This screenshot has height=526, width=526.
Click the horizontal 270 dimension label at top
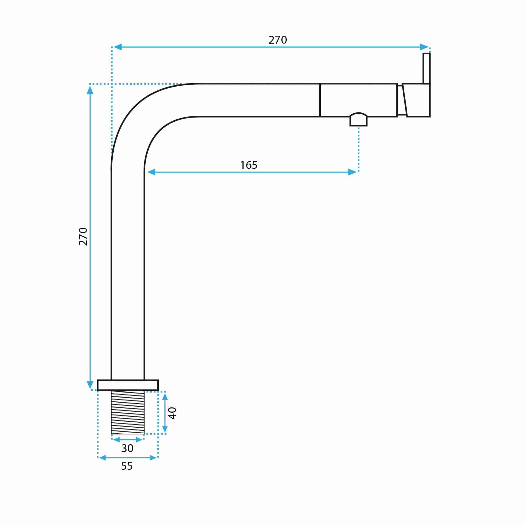tap(277, 40)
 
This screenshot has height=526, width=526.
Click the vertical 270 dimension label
tap(83, 236)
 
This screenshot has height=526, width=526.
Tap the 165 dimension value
tap(249, 165)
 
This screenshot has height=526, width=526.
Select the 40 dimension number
tap(172, 413)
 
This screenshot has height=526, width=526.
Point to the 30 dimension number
tap(127, 448)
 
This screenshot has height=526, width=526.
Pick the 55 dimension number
tap(127, 466)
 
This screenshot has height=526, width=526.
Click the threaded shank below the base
tap(128, 412)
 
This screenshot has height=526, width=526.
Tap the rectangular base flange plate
tap(128, 385)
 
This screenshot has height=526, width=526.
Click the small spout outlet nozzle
tap(358, 119)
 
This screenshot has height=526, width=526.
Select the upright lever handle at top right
tap(426, 68)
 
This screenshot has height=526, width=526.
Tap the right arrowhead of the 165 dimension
tap(352, 172)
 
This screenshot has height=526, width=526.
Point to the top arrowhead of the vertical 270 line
tap(90, 90)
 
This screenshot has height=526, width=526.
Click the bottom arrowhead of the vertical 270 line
tap(90, 385)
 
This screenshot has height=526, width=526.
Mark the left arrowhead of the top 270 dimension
tap(118, 47)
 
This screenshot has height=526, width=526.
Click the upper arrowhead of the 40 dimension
tap(165, 396)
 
